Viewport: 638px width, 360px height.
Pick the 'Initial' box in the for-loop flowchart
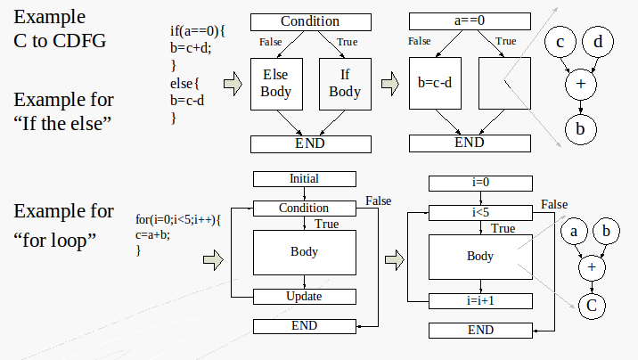(304, 179)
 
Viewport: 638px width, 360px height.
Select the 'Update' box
(304, 297)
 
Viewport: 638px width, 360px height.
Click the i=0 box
(480, 184)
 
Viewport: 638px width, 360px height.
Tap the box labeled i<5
(480, 213)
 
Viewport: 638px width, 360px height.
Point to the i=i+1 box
(480, 301)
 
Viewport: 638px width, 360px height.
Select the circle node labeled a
(575, 232)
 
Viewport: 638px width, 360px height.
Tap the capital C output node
(590, 307)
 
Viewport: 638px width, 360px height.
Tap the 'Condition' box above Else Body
(309, 21)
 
